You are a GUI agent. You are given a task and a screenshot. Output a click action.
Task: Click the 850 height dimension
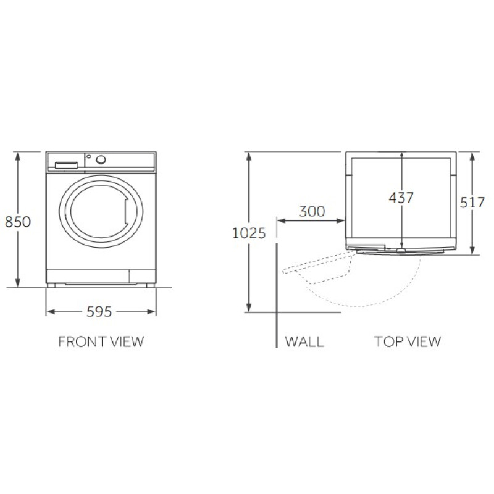point(18,222)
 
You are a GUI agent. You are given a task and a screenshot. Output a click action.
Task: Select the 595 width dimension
point(99,312)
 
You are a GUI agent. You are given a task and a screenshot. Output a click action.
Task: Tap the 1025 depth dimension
point(249,233)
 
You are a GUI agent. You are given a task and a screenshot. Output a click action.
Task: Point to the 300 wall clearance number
point(312,211)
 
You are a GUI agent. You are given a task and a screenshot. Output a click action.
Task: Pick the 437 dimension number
point(401,198)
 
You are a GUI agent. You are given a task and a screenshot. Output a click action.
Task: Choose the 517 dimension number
point(472,203)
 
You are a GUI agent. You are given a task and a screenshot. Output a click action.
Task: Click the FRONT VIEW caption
point(101,342)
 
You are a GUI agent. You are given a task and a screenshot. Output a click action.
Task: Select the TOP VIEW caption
point(408,342)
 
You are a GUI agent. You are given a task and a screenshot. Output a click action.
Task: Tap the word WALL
point(304,342)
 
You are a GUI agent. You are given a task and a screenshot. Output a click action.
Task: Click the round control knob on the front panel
point(101,159)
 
